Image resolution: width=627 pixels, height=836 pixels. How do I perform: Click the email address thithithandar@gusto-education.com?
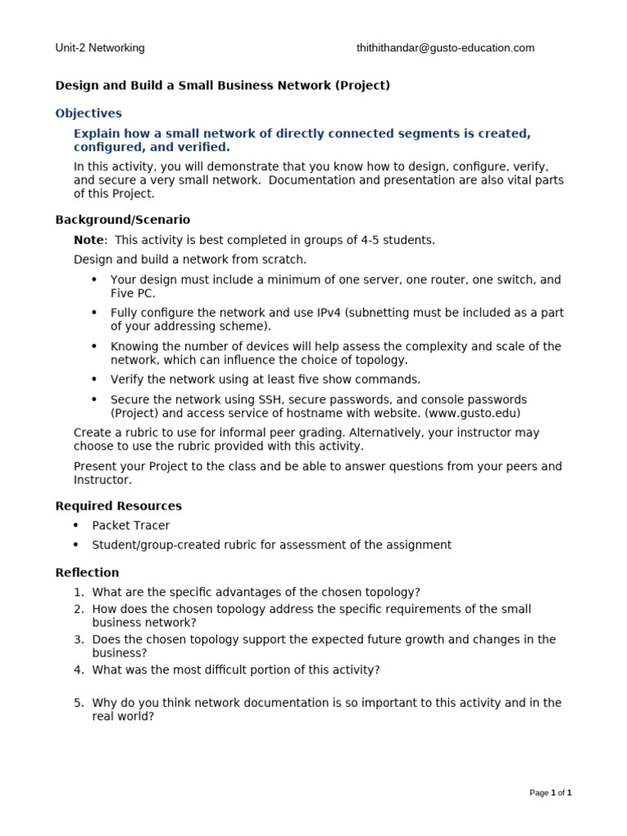click(445, 48)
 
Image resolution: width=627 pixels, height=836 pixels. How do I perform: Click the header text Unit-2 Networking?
click(100, 48)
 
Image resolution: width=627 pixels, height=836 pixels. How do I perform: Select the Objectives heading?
click(88, 113)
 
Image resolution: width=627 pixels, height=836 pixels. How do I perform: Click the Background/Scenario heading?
click(122, 220)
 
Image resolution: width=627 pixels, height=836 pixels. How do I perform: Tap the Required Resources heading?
click(118, 506)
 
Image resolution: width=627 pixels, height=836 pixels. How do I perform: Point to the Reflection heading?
click(87, 572)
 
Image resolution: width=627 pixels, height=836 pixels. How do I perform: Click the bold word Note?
click(89, 240)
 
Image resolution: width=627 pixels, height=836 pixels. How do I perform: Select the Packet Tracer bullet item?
click(131, 526)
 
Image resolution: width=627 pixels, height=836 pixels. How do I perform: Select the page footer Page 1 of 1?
click(550, 793)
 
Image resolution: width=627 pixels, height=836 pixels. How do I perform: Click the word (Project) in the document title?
click(362, 86)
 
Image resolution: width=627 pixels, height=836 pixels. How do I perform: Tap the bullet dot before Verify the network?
click(94, 380)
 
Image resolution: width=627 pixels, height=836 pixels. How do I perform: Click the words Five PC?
click(132, 293)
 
